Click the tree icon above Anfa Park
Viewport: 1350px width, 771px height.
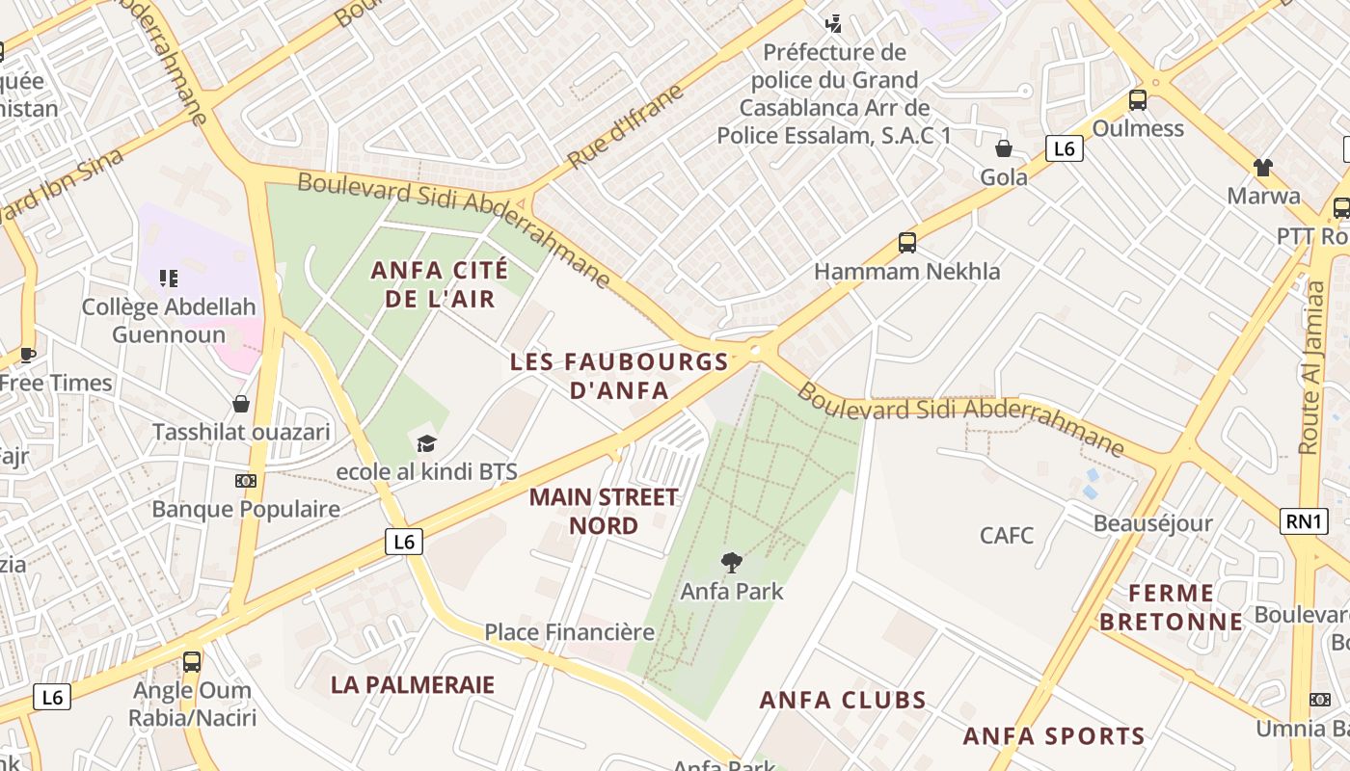732,561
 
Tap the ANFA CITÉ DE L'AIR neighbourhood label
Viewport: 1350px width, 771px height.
440,284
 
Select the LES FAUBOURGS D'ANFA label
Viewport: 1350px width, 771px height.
619,376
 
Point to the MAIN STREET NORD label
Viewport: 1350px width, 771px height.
604,511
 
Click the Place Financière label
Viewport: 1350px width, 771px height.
569,632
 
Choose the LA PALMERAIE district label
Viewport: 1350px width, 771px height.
413,684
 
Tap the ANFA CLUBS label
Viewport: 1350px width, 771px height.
843,700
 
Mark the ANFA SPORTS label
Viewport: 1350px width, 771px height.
1054,736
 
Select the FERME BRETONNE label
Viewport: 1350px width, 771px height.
1172,607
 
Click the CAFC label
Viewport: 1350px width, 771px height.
1007,535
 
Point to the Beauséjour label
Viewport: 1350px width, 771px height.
1152,523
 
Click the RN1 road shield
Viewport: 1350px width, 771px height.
1303,521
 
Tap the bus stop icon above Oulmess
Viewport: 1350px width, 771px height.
1138,99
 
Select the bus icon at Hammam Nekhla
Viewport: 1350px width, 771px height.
906,243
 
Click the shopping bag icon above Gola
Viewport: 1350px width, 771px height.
1004,148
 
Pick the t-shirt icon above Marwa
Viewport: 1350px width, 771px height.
1263,167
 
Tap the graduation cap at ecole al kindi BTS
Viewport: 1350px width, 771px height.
426,443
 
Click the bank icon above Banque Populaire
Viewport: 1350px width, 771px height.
246,480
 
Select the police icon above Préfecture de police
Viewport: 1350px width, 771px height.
834,22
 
